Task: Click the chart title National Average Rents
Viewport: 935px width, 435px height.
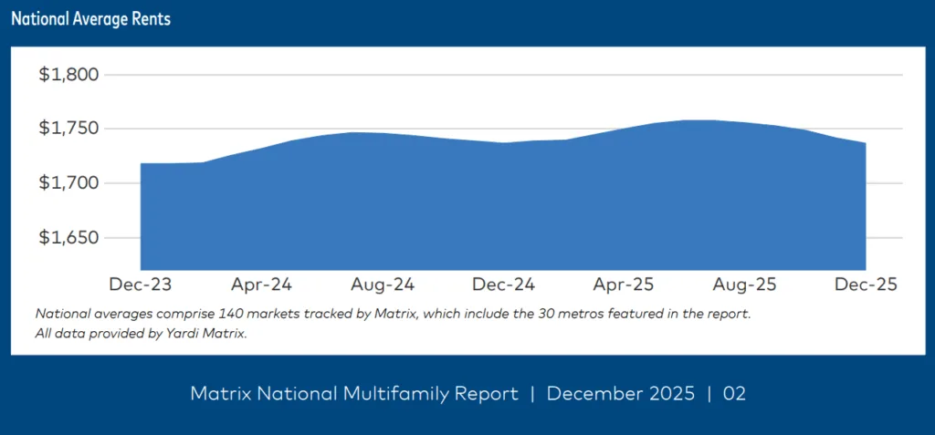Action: (x=90, y=19)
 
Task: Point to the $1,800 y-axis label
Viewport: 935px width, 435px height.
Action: (x=68, y=75)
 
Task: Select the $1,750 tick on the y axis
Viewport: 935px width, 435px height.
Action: (x=68, y=129)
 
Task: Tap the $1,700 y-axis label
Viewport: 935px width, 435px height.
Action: (x=68, y=183)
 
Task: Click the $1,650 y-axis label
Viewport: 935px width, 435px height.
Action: (x=68, y=238)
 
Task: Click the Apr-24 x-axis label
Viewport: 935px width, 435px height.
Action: (x=262, y=285)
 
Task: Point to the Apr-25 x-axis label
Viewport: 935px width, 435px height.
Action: (x=624, y=285)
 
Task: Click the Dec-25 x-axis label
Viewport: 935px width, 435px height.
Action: (x=866, y=285)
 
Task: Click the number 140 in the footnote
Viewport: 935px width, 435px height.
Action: (x=197, y=314)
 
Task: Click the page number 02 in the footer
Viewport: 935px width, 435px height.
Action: (x=735, y=394)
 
